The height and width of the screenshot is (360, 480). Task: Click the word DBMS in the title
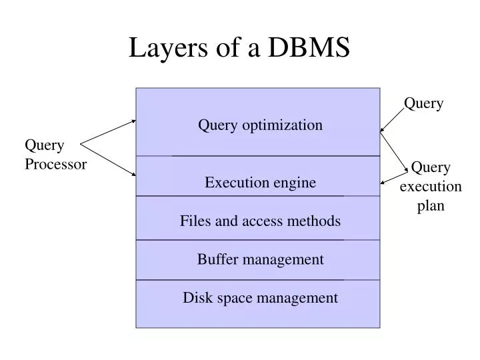click(310, 48)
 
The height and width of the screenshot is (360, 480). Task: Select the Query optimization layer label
click(260, 125)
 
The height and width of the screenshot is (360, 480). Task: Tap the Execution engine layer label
click(260, 183)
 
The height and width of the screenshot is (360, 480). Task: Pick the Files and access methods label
click(260, 221)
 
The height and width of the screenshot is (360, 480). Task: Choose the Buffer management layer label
click(260, 259)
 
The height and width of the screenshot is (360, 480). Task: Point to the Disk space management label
click(260, 298)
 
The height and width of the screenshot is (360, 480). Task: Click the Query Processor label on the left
click(55, 155)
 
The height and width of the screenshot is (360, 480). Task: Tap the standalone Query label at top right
click(423, 103)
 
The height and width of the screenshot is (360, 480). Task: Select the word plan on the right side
click(431, 206)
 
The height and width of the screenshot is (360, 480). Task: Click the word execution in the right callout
click(431, 187)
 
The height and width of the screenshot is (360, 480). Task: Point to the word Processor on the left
click(55, 165)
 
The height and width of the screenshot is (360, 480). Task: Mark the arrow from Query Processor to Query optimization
click(108, 131)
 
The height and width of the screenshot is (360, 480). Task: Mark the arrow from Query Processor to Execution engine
click(108, 160)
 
